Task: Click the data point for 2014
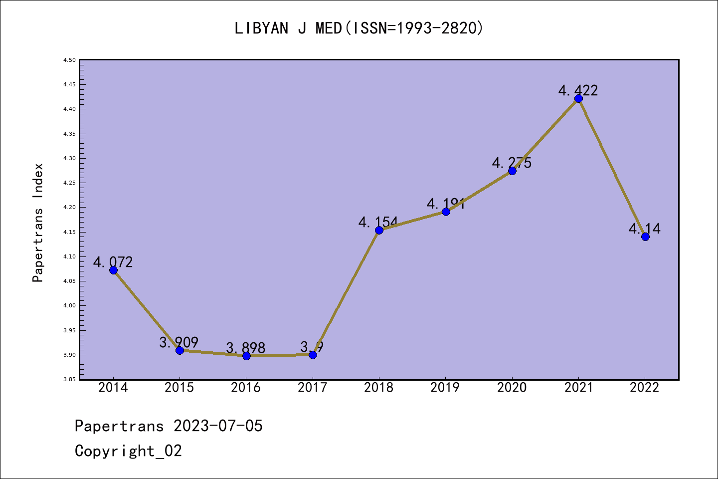tap(113, 270)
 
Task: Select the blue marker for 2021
tap(578, 98)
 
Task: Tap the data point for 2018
tap(379, 230)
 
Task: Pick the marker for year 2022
tap(645, 237)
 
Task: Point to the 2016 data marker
tap(246, 356)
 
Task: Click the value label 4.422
tap(578, 90)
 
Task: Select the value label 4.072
tap(113, 262)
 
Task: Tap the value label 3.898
tap(246, 347)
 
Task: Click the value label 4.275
tap(512, 163)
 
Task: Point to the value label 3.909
tap(179, 342)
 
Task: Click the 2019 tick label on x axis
tap(445, 388)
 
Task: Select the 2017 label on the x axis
tap(313, 388)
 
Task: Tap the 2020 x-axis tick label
tap(512, 388)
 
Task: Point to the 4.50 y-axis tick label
tap(69, 60)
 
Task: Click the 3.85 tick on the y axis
tap(69, 380)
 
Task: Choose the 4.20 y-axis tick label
tap(69, 208)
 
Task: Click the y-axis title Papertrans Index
tap(38, 223)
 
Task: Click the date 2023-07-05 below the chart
tap(218, 426)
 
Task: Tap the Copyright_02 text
tap(128, 451)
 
